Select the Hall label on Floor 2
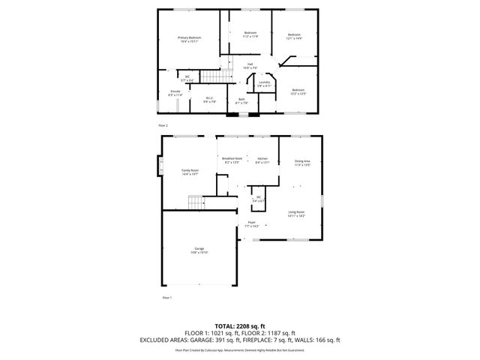click(250, 66)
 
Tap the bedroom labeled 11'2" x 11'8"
click(250, 34)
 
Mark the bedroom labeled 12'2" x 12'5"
click(298, 91)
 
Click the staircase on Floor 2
click(216, 76)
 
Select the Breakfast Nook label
click(232, 160)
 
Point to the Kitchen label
click(262, 160)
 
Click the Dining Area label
click(302, 163)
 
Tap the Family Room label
click(190, 172)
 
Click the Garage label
click(199, 250)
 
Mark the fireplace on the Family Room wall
click(158, 165)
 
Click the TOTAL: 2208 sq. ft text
click(239, 325)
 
